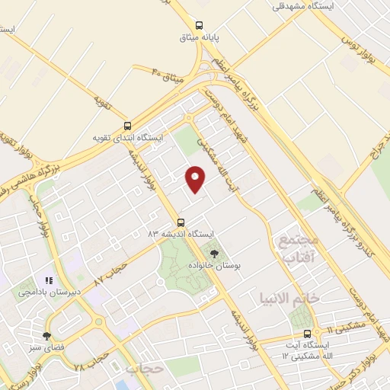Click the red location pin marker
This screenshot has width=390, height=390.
click(x=196, y=178)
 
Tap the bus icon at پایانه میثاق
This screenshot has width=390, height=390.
click(x=200, y=24)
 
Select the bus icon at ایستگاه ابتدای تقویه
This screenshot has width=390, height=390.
click(x=127, y=126)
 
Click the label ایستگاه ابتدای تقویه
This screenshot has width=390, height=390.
click(x=127, y=139)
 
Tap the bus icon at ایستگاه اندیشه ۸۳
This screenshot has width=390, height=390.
click(x=181, y=222)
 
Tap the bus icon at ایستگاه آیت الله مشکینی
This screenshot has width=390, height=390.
click(x=308, y=334)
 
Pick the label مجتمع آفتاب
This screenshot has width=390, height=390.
click(x=292, y=250)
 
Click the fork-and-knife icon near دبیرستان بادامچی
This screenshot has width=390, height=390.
click(x=49, y=280)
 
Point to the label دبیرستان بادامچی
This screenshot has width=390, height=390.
click(x=48, y=292)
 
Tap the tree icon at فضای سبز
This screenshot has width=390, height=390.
click(x=47, y=336)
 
